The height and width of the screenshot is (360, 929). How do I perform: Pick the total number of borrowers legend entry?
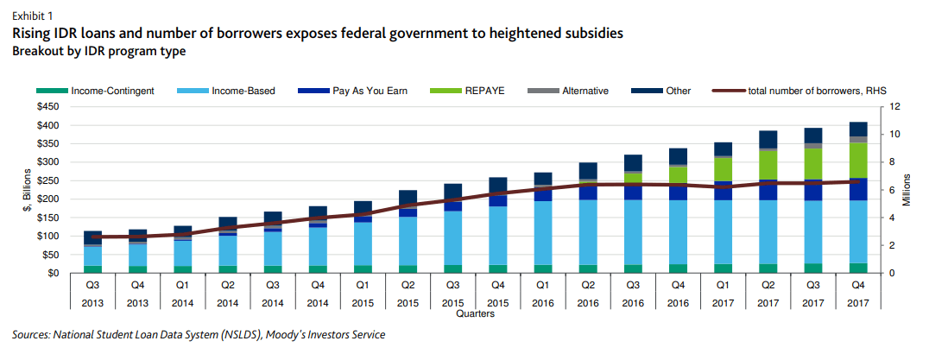point(806,90)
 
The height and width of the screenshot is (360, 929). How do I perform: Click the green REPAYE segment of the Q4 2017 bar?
point(858,161)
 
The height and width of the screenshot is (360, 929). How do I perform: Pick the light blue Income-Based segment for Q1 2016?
point(543,233)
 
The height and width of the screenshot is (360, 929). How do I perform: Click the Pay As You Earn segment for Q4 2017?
point(858,189)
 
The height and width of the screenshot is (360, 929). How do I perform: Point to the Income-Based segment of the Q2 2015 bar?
point(408,241)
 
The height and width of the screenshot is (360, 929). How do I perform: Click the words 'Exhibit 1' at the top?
point(31,16)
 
